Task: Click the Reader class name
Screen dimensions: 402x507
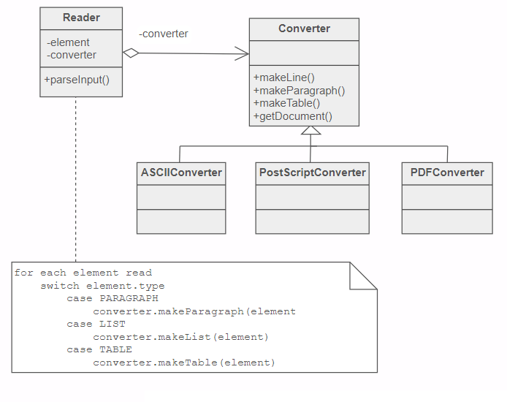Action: pos(81,18)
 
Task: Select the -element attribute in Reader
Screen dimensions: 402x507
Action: pos(68,42)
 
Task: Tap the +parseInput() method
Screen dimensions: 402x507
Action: pos(77,80)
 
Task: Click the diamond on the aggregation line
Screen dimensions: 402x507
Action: pos(130,53)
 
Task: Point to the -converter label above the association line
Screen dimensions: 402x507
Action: pos(164,34)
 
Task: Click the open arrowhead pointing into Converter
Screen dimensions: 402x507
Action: pos(242,53)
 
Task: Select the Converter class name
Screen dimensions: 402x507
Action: pos(304,29)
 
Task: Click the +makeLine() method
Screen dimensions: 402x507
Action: pos(283,77)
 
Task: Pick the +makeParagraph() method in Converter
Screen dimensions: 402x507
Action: pos(299,91)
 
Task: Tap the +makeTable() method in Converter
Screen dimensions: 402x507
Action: pos(286,103)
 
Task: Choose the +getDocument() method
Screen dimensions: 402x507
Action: pos(292,116)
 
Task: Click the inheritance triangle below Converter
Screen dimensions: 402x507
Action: pos(311,132)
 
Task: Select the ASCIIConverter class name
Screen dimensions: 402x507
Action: pos(181,173)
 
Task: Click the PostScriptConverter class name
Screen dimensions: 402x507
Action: pos(312,173)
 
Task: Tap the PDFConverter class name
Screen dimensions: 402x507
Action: pos(447,173)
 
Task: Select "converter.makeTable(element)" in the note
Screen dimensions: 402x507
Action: pos(183,363)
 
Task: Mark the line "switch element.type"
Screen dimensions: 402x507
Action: pos(102,286)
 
